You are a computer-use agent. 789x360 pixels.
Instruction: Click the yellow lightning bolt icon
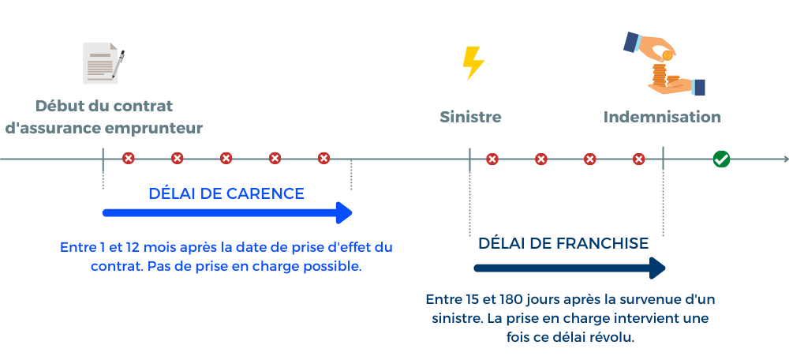tap(473, 62)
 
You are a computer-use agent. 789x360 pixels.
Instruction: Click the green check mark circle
tap(721, 159)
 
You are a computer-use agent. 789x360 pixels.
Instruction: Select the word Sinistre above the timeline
tap(470, 117)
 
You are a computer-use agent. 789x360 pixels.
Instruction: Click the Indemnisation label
tap(662, 117)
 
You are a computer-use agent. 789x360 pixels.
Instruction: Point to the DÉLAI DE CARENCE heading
tap(226, 193)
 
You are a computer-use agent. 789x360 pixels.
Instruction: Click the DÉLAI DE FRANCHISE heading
tap(563, 243)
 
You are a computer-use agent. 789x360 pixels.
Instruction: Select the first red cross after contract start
tap(129, 159)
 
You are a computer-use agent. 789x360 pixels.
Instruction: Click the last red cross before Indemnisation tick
tap(638, 159)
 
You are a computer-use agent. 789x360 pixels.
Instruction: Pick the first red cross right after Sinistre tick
tap(492, 159)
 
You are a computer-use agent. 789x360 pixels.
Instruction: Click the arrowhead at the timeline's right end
tap(784, 159)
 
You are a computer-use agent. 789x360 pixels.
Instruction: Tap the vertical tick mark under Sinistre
tap(470, 159)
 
